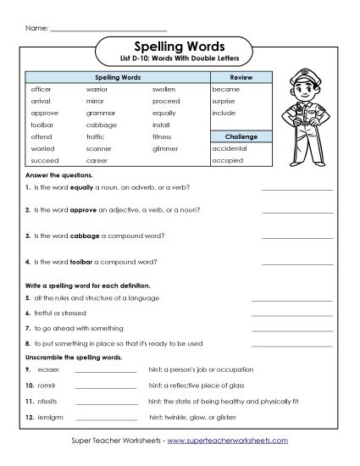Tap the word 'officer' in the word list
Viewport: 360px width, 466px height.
point(42,88)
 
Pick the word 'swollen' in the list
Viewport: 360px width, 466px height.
point(164,88)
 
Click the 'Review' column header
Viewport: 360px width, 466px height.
point(241,77)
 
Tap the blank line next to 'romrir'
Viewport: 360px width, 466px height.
point(105,386)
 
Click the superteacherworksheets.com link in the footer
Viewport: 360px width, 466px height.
point(226,441)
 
